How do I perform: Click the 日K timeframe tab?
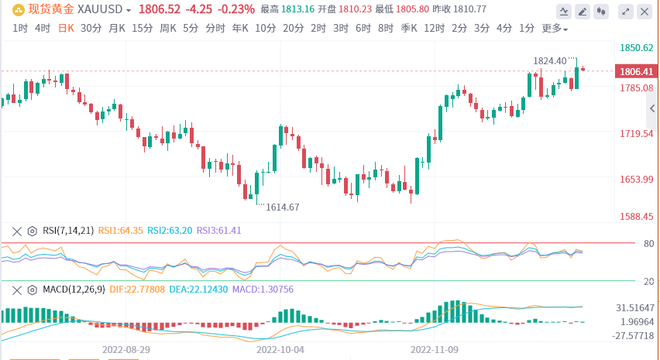coord(66,29)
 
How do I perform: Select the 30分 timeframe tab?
coord(91,29)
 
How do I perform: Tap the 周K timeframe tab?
coord(167,29)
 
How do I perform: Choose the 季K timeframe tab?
coord(409,29)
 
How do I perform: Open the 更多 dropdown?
coord(554,29)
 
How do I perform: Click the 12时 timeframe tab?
coord(435,29)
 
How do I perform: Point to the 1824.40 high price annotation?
coord(550,60)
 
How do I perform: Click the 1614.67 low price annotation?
coord(282,207)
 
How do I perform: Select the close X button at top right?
coord(645,11)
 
